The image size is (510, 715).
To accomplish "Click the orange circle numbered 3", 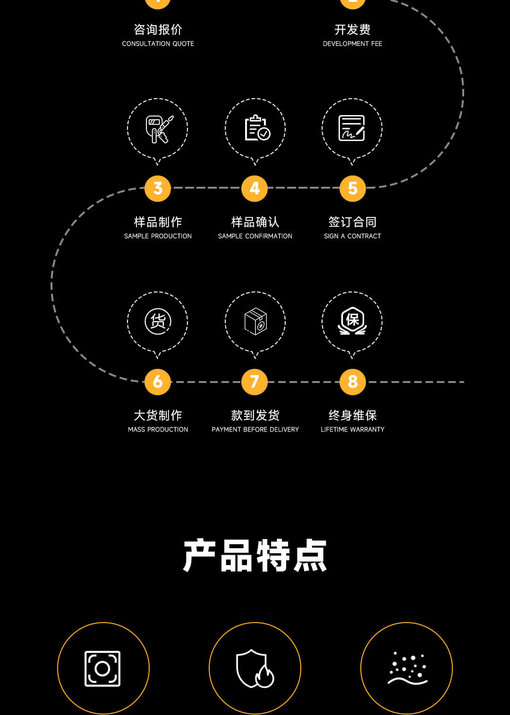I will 158,188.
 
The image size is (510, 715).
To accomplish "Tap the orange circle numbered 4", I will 255,188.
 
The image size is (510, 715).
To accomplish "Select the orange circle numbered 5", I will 352,188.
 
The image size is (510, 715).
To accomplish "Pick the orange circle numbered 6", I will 158,382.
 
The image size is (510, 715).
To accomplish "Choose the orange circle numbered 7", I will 255,382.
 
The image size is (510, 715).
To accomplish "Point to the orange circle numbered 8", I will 352,382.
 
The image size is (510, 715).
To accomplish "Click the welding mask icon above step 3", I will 158,129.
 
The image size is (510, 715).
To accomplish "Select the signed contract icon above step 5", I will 352,128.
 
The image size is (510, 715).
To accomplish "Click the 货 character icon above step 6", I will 158,321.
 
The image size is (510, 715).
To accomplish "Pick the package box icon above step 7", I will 255,322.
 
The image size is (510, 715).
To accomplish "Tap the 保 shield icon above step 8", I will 352,321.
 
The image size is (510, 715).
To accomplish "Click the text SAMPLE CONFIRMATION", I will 255,236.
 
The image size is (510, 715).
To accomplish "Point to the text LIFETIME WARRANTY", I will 352,429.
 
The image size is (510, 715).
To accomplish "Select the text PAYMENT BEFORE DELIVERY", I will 255,429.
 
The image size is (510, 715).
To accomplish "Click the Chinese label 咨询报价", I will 158,30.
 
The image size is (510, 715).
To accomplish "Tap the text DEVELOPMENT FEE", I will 352,43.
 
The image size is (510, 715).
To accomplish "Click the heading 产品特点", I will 255,556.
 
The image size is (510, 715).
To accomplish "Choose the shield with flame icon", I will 255,668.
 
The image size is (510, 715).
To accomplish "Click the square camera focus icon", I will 102,668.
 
